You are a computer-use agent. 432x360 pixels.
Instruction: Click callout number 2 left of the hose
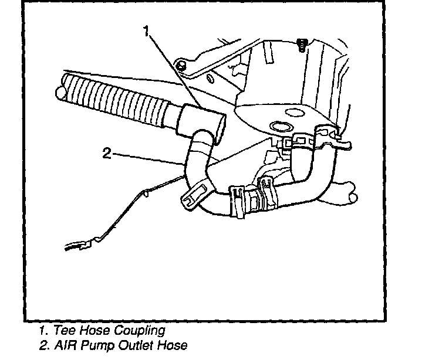tap(107, 154)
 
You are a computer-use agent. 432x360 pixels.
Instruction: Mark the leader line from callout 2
tap(147, 157)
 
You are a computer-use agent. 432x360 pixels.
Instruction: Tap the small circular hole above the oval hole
tap(292, 111)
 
